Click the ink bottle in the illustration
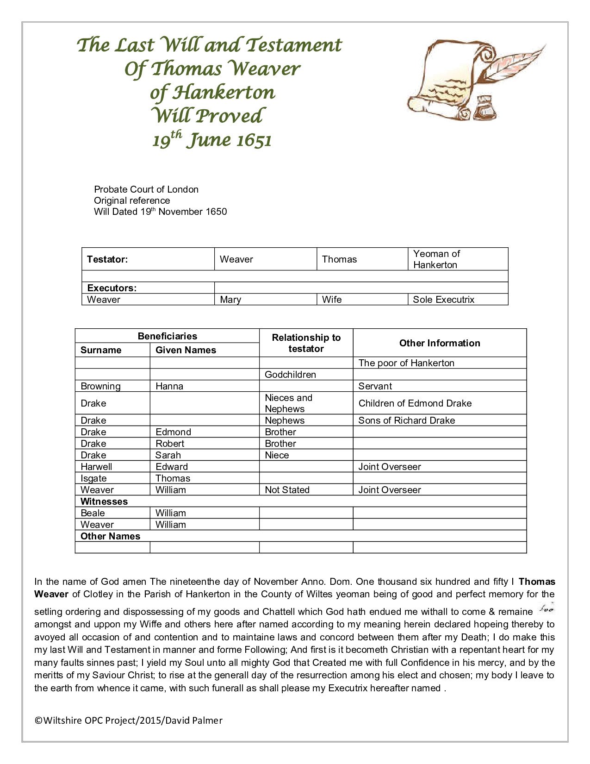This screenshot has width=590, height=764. click(485, 107)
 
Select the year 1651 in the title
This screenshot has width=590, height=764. click(254, 140)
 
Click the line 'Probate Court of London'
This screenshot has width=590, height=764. click(146, 189)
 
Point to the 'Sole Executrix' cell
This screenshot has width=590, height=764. click(443, 300)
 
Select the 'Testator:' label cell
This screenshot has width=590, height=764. click(107, 259)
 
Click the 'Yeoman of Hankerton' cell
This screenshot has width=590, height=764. click(436, 259)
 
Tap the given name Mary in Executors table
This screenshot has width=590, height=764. click(230, 300)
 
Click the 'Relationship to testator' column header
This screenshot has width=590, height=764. click(306, 343)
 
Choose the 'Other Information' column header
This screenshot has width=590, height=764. click(440, 343)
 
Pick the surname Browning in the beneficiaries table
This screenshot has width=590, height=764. click(100, 386)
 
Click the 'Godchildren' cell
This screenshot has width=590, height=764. click(290, 375)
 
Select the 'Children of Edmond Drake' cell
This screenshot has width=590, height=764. click(415, 403)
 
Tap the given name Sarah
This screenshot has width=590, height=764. click(168, 455)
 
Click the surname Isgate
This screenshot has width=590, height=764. click(93, 478)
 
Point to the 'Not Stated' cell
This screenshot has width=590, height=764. click(287, 490)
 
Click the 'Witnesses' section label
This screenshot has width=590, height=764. click(104, 501)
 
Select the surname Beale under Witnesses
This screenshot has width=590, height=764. click(93, 513)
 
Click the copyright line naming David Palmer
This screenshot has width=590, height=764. click(129, 720)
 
